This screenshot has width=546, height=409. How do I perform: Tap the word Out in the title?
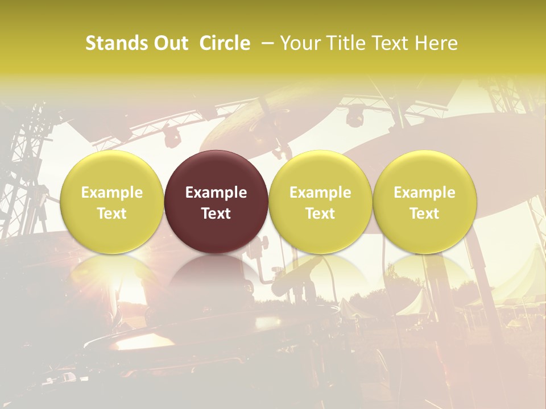(170, 43)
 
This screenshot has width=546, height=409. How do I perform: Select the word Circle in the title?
(225, 43)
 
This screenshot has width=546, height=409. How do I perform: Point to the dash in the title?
(266, 43)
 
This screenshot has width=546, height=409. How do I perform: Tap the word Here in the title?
(435, 43)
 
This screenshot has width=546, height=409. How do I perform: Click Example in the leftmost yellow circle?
(112, 193)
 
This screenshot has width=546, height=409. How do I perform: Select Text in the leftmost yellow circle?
(112, 214)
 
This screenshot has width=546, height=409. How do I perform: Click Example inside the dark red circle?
(216, 193)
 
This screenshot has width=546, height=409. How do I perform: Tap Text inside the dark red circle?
(216, 214)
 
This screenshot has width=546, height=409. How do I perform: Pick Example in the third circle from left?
(320, 193)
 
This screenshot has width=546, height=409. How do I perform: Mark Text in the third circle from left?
(320, 214)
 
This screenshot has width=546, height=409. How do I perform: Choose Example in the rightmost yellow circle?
(425, 193)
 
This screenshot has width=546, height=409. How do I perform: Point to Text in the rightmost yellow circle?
(425, 214)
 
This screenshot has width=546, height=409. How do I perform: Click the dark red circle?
(216, 170)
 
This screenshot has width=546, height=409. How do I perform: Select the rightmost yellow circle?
(425, 170)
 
